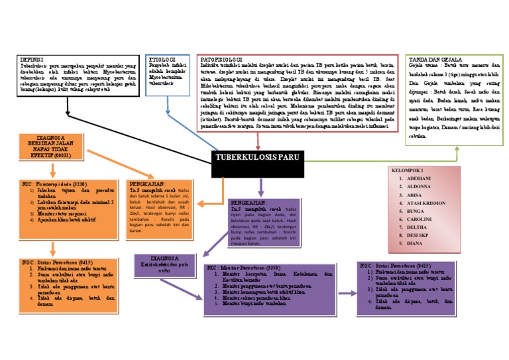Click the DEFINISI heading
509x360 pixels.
point(33,60)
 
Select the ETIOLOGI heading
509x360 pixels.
point(163,60)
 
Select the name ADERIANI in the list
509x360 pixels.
point(420,179)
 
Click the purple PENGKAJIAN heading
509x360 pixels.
point(248,202)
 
